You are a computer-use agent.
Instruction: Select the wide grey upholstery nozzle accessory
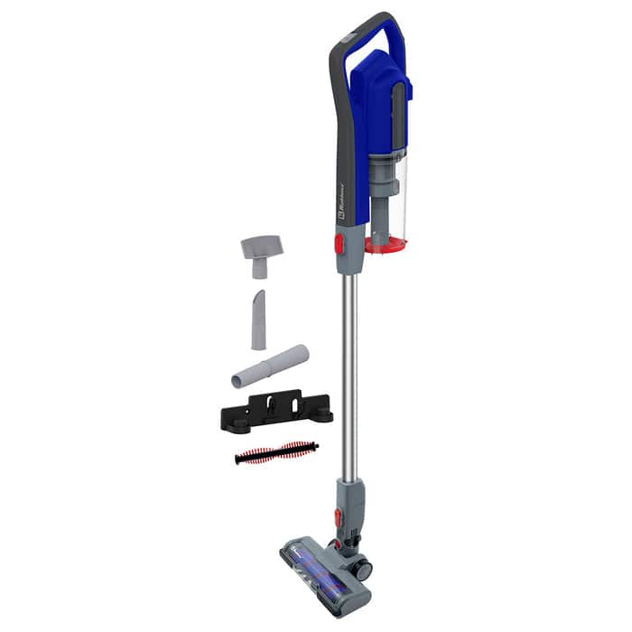pyautogui.click(x=261, y=250)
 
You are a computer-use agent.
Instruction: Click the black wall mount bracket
pyautogui.click(x=276, y=409)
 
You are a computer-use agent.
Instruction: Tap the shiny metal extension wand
pyautogui.click(x=345, y=379)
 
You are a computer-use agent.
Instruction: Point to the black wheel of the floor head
pyautogui.click(x=362, y=570)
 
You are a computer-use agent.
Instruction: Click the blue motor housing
pyautogui.click(x=370, y=99)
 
